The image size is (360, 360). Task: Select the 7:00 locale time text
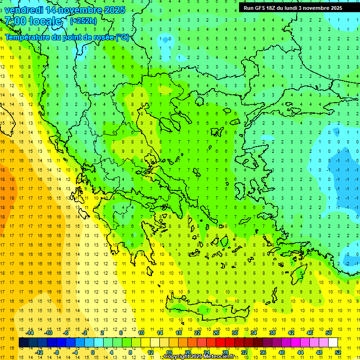(x=33, y=21)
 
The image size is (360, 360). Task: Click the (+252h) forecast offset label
(x=83, y=21)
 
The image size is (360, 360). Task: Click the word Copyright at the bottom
(x=177, y=357)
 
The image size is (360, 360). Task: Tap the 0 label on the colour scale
(x=92, y=352)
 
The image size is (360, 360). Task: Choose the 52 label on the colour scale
(x=338, y=352)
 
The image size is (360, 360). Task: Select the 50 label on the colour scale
(x=328, y=333)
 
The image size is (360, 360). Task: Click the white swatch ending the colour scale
(x=333, y=343)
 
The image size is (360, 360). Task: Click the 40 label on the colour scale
(x=281, y=352)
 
